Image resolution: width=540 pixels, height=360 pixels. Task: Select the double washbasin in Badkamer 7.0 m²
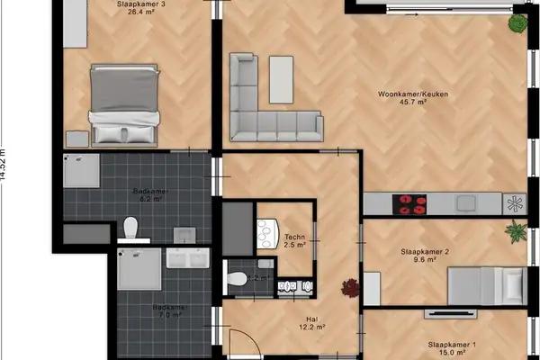tap(187, 260)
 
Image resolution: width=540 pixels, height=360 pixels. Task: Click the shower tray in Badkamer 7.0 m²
tap(139, 269)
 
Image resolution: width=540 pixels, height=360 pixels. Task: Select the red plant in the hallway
tap(348, 288)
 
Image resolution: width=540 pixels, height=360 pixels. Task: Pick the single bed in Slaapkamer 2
tap(486, 286)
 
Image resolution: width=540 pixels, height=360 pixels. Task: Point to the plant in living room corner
tap(517, 23)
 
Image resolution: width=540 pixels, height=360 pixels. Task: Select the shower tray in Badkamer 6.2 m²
tap(82, 170)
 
